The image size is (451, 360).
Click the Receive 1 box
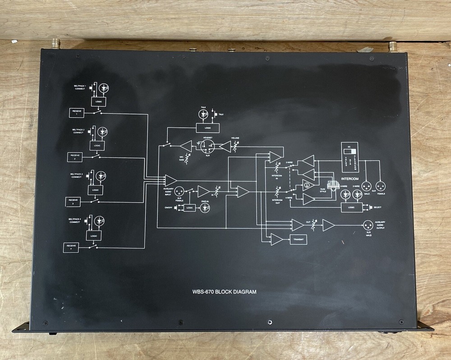click(x=77, y=113)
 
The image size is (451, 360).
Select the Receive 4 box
click(x=71, y=247)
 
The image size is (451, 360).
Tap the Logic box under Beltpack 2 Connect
click(x=97, y=146)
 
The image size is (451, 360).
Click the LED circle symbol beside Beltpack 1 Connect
click(x=104, y=87)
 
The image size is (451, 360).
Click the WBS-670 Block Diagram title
click(x=224, y=292)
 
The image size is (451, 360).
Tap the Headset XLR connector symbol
click(x=207, y=146)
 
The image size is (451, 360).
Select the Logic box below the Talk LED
click(x=207, y=129)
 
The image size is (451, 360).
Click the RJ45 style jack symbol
click(x=333, y=186)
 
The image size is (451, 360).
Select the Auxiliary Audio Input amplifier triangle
click(x=171, y=180)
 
